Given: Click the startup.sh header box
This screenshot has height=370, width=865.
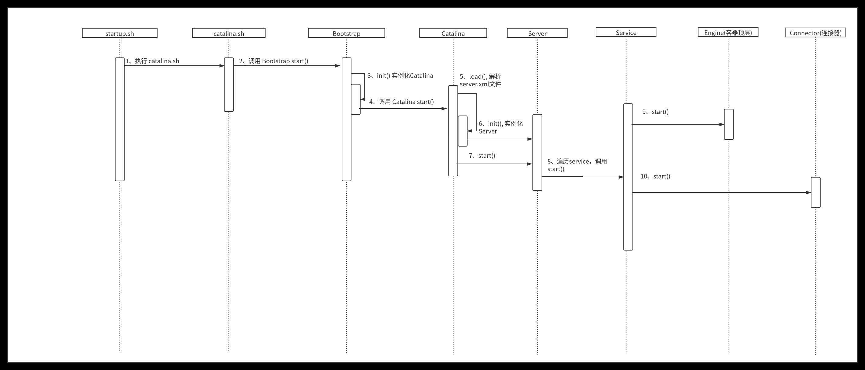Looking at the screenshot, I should point(120,33).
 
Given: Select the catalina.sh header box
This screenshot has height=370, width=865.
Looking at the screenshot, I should point(229,33).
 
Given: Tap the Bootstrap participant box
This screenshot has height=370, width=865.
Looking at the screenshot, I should point(346,33).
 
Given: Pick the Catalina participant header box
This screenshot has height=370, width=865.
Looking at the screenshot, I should point(453,33).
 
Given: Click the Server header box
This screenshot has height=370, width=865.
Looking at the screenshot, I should point(537,33).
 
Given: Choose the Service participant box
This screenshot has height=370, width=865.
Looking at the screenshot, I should point(626,32).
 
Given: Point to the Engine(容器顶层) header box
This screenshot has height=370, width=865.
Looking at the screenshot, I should point(728,32).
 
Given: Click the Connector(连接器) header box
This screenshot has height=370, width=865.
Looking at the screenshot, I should point(815,33).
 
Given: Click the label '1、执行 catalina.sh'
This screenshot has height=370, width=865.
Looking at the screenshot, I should point(152,61).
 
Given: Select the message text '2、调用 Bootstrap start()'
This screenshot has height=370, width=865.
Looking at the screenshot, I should point(273,61).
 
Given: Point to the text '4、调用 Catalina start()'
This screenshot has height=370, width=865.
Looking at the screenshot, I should point(401,102).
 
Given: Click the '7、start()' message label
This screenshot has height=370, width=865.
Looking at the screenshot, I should point(482,156).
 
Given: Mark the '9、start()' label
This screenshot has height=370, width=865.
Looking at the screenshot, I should point(655,112).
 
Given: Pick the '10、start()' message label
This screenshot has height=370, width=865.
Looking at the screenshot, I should point(655,176).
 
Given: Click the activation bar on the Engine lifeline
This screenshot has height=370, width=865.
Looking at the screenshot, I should point(728,124).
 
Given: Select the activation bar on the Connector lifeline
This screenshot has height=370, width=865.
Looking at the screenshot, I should point(815,192).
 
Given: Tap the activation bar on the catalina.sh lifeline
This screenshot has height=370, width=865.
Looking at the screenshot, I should point(229,85).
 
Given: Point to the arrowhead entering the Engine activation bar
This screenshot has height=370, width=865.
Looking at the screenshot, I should point(722,124).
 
